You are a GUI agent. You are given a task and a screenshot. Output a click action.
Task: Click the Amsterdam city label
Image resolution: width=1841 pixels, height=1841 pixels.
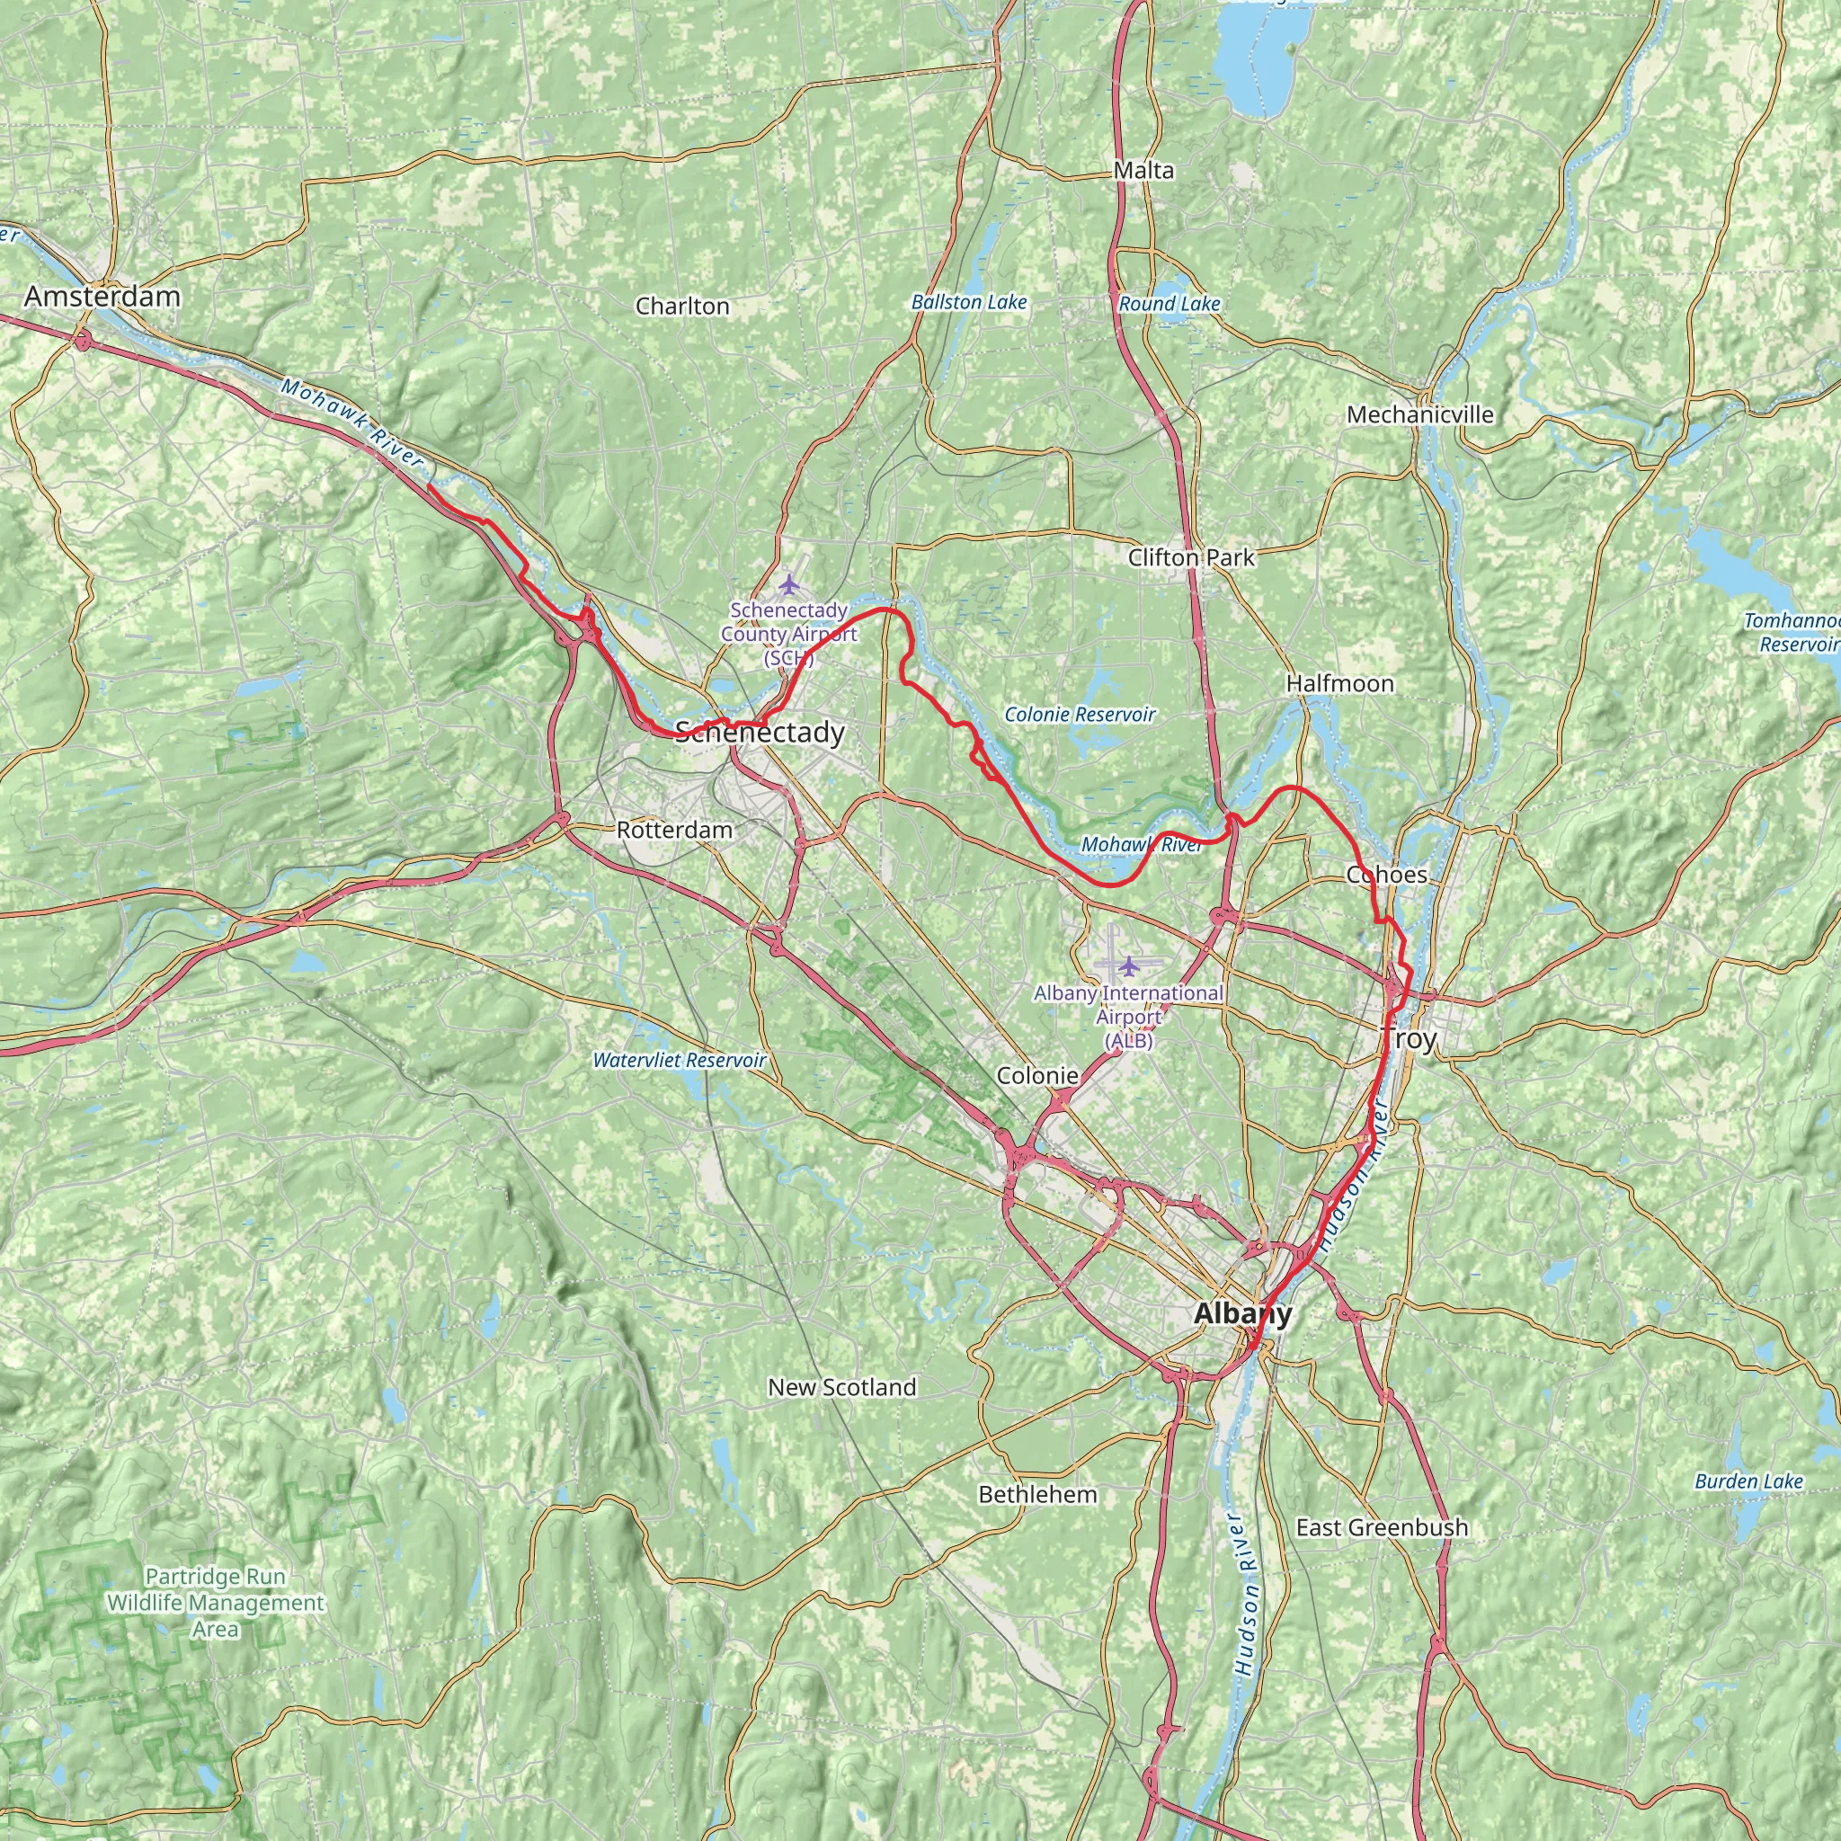click(x=102, y=297)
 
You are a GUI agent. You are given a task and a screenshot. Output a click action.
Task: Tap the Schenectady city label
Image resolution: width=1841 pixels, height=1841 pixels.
click(x=760, y=733)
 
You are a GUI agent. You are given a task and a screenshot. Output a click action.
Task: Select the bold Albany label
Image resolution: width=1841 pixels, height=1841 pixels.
click(x=1242, y=1314)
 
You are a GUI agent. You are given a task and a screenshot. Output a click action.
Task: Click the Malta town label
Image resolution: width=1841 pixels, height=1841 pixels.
click(x=1143, y=171)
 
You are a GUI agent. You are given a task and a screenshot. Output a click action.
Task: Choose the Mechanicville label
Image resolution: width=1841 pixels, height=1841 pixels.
click(x=1419, y=414)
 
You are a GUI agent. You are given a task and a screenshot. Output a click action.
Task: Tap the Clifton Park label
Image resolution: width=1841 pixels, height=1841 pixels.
click(x=1191, y=557)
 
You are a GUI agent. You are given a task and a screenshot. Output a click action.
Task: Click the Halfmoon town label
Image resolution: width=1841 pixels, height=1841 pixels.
click(x=1339, y=683)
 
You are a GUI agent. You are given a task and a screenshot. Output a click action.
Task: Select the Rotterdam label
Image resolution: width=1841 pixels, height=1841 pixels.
click(x=675, y=830)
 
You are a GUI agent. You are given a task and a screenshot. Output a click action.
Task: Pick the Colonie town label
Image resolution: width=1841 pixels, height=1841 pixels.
click(x=1036, y=1076)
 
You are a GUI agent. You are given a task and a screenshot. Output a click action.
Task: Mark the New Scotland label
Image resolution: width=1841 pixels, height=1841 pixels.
click(x=842, y=1387)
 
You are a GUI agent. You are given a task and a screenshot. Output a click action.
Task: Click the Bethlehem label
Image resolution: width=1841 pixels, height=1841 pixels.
click(x=1037, y=1494)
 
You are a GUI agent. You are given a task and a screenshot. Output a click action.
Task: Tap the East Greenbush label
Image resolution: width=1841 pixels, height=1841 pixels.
click(x=1382, y=1527)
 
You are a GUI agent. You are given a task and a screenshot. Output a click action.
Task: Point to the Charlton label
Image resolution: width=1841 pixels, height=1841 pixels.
click(x=682, y=306)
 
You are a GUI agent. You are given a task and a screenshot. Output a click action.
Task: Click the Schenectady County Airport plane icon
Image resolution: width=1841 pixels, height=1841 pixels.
click(x=787, y=583)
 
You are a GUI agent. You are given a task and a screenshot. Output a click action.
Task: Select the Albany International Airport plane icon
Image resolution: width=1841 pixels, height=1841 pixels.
click(x=1129, y=966)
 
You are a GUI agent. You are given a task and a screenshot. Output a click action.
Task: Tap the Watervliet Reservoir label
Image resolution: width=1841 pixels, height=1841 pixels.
click(x=680, y=1061)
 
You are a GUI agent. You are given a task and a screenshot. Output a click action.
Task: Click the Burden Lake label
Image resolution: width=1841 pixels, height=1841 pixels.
click(x=1748, y=1481)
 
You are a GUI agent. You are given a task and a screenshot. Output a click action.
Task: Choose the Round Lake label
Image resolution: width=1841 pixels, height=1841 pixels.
click(x=1170, y=303)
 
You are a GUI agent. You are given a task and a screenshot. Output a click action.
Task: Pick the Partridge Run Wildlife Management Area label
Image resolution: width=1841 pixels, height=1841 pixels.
click(x=216, y=1603)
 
